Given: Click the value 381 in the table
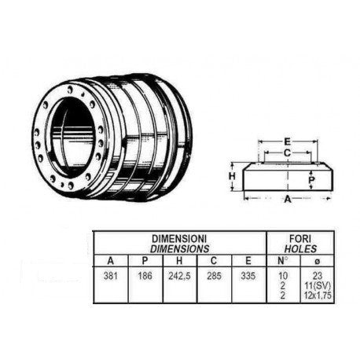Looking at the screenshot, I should click(110, 276).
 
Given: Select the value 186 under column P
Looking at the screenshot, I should click(145, 276).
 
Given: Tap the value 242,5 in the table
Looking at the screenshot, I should click(181, 276).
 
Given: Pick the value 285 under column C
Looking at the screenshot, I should click(215, 276).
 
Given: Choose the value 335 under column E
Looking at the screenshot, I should click(249, 276).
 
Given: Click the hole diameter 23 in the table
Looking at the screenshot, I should click(317, 276).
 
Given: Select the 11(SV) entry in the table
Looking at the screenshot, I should click(317, 285).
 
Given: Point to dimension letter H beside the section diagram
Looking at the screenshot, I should click(233, 177).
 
